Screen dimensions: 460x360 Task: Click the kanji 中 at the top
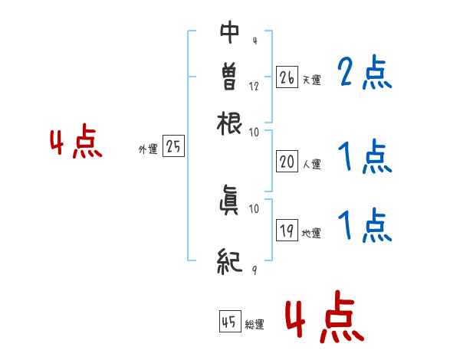coord(229,31)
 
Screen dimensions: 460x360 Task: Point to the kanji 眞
coord(229,203)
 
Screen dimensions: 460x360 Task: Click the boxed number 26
coord(287,77)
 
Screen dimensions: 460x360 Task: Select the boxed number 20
coord(287,162)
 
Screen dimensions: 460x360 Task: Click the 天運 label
coord(312,80)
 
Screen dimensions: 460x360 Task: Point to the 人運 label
coord(312,164)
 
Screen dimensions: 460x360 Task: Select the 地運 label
coord(312,233)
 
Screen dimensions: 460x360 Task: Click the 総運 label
coord(255,325)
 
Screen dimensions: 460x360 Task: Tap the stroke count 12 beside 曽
coord(253,86)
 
